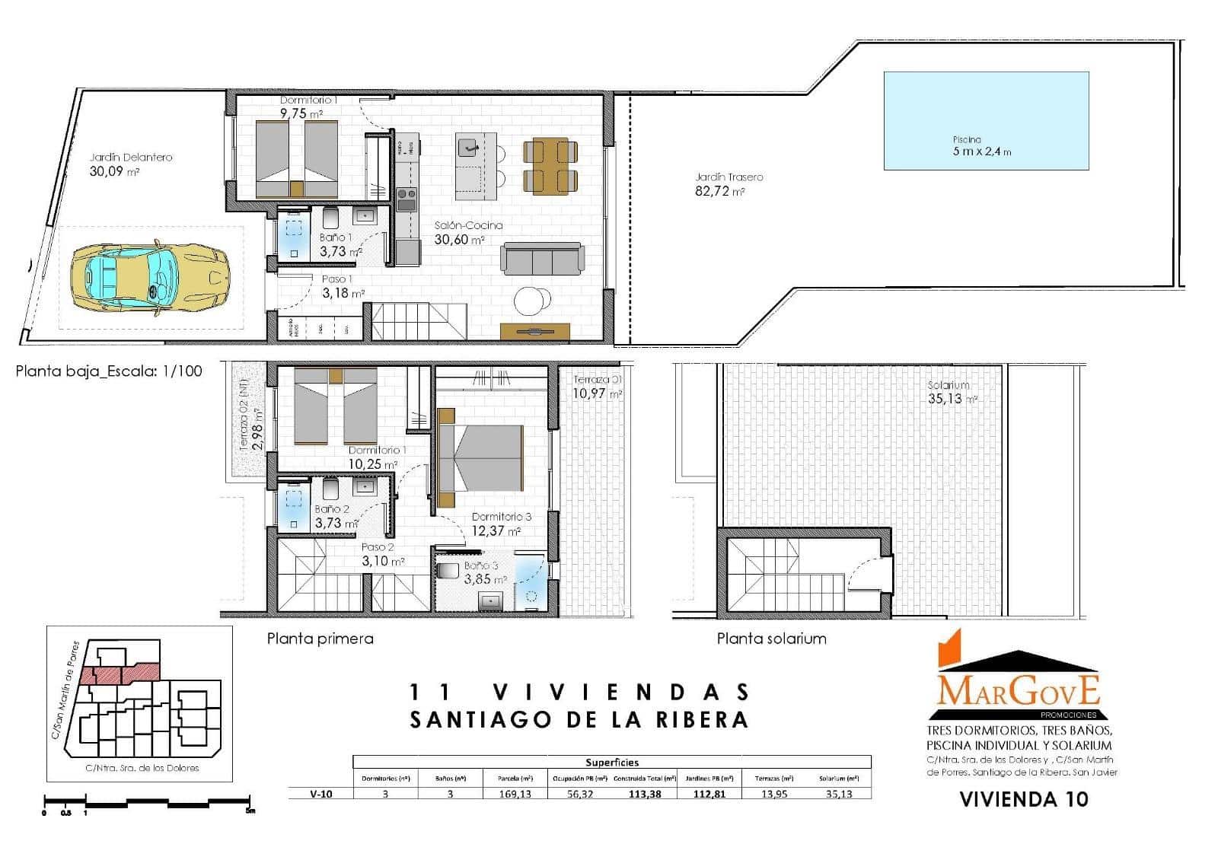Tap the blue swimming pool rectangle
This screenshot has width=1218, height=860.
986,120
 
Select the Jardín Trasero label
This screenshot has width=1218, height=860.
729,177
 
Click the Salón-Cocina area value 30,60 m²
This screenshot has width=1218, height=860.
459,240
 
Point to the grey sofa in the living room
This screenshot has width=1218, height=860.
543,259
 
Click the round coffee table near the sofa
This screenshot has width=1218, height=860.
531,301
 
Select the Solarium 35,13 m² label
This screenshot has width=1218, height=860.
949,393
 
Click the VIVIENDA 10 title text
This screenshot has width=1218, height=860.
1023,799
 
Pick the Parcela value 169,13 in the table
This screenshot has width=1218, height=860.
515,794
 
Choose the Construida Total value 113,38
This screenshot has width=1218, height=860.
644,794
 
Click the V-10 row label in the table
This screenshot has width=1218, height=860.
320,794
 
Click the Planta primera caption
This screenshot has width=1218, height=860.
320,639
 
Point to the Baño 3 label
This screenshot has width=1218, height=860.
480,566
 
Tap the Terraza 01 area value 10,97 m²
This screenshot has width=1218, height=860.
598,394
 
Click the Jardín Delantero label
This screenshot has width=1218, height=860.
131,158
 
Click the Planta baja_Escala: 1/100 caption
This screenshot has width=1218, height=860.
109,371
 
